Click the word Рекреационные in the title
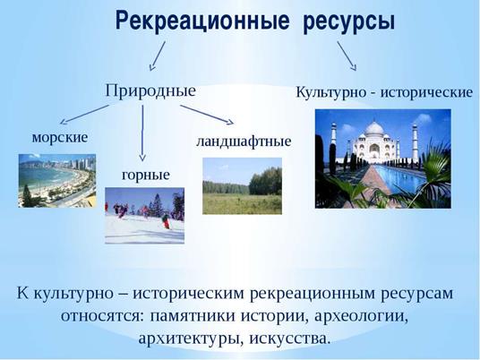(x=202, y=21)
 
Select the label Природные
(x=150, y=91)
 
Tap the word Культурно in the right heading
(x=331, y=93)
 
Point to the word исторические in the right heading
(x=426, y=92)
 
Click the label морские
(x=60, y=138)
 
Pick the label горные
(x=146, y=176)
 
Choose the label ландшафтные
(x=244, y=142)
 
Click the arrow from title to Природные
(x=158, y=56)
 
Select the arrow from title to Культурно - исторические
(x=347, y=56)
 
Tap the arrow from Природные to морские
(x=84, y=115)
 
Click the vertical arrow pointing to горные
(x=142, y=133)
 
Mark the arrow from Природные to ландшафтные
(x=207, y=115)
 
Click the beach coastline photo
(x=57, y=181)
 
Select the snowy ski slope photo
(x=144, y=216)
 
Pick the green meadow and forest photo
(x=242, y=185)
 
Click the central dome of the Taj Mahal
(x=374, y=129)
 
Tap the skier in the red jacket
(x=166, y=221)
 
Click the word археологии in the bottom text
(x=361, y=315)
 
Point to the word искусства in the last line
(x=289, y=339)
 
